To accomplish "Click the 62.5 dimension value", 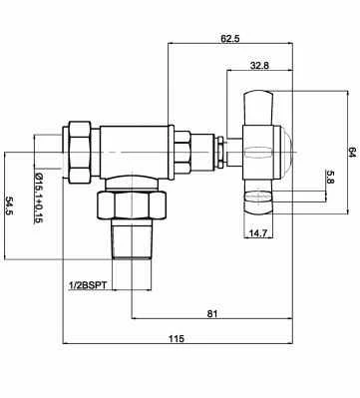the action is point(230,39).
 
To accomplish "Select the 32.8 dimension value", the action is point(259,66).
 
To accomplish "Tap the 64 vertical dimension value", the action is point(351,154).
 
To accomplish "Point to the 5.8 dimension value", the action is point(330,177).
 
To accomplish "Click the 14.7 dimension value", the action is point(258,233).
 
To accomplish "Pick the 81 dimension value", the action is point(212,313).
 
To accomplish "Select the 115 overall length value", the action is point(177,338).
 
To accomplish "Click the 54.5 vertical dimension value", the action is point(9,205).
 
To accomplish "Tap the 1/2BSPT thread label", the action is point(88,285).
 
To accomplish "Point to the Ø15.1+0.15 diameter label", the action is point(39,199).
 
